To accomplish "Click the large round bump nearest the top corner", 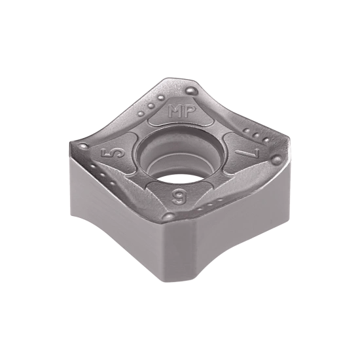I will click(190, 90).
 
